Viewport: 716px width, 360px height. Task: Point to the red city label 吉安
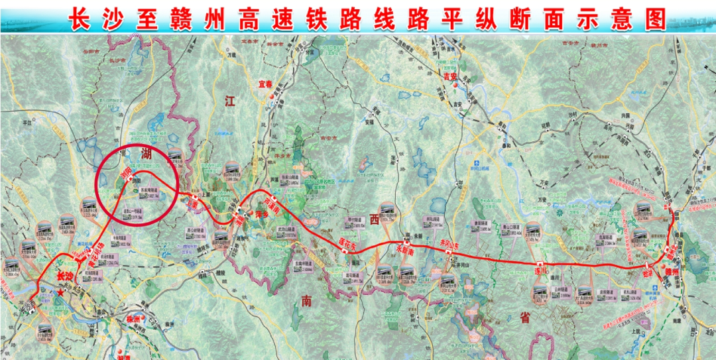[x=451, y=76]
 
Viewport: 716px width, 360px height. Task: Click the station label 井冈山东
[x=449, y=245]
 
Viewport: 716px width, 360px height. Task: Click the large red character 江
[x=230, y=101]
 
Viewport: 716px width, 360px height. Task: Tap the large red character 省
[x=525, y=318]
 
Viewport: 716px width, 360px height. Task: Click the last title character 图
[x=655, y=19]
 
